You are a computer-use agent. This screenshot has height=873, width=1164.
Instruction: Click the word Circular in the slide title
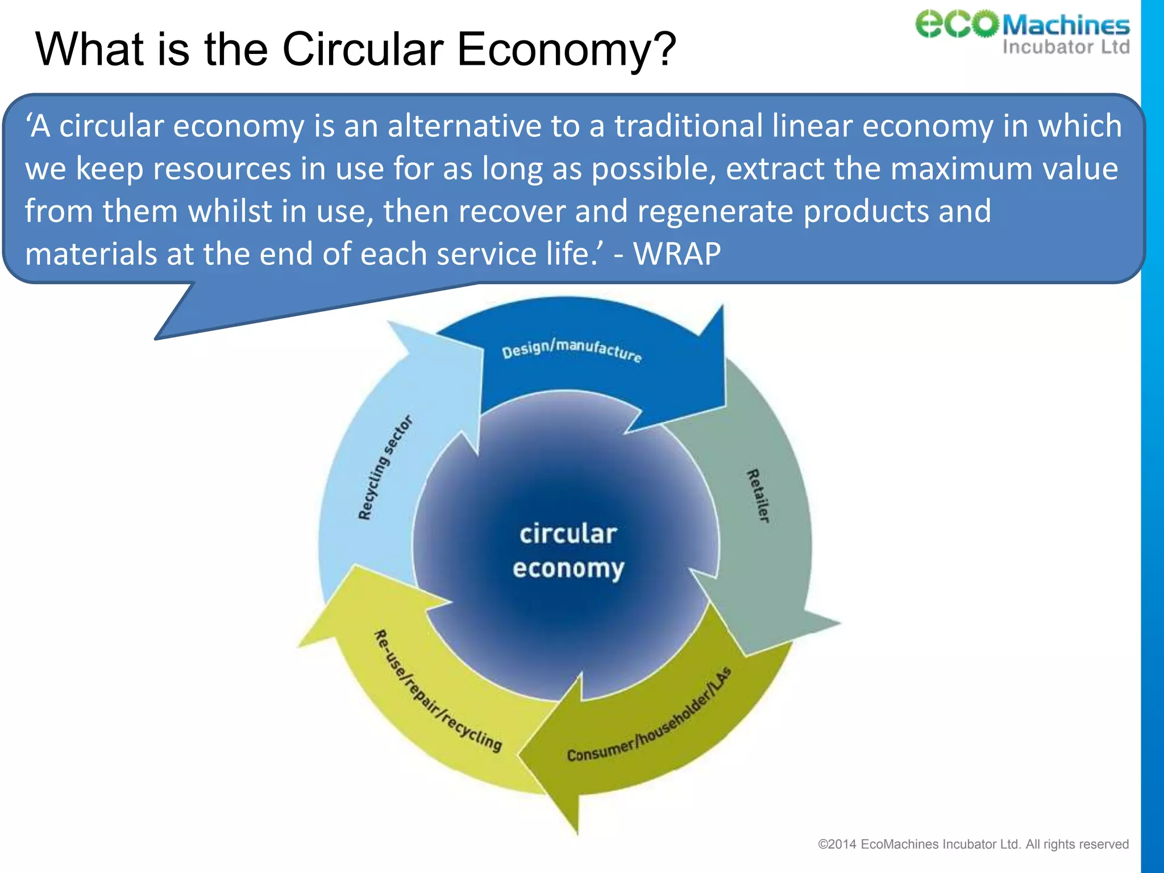(362, 49)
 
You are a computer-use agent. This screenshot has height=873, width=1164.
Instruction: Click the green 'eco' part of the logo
(957, 24)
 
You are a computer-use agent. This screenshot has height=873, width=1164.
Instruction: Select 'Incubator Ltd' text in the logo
(1066, 47)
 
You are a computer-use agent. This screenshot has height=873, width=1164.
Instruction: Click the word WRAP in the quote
(677, 253)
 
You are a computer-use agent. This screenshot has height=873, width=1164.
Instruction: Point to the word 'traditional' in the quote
(688, 126)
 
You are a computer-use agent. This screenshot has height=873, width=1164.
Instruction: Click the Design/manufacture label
(571, 349)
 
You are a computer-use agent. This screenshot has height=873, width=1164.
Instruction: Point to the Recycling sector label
(385, 468)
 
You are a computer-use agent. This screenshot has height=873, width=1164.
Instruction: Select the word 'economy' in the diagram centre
(568, 568)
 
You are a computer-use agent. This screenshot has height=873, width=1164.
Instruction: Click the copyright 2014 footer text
(972, 844)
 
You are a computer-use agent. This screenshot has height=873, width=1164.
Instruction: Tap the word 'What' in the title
(89, 49)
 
